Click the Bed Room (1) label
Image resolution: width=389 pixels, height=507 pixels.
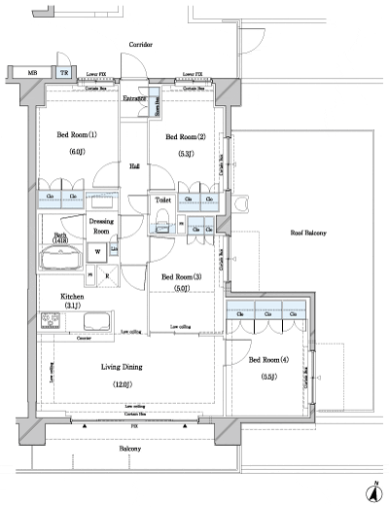(x=78, y=135)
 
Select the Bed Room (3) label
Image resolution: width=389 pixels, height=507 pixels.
(x=181, y=275)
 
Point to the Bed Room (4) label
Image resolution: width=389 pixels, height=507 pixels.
(x=268, y=360)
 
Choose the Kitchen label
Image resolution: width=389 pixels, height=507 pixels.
(x=73, y=297)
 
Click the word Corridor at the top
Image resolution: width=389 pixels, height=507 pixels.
(x=142, y=45)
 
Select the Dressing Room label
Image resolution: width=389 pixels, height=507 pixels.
(x=102, y=227)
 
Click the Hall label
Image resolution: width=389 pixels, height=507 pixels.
(x=134, y=166)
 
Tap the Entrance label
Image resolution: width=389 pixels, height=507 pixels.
(x=134, y=98)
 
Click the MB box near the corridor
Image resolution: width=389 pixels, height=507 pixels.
(x=32, y=73)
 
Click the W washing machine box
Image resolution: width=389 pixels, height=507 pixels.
(x=98, y=251)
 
